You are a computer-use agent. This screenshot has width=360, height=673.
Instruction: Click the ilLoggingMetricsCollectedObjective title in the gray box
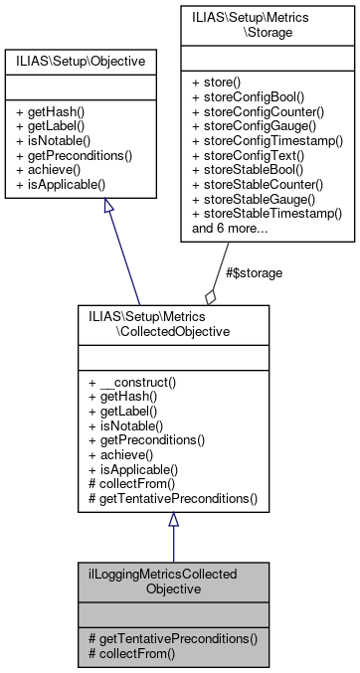pos(172,582)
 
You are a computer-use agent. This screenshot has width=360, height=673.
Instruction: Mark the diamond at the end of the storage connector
pos(210,296)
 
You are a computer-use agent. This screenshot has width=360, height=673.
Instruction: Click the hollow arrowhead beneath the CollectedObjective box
pos(173,521)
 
